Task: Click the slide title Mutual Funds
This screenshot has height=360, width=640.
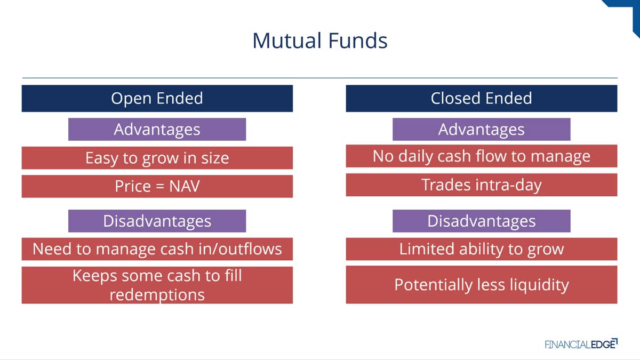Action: [x=319, y=41]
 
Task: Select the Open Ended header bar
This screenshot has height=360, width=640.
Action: [x=157, y=98]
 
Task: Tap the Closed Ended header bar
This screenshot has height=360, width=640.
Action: [x=482, y=98]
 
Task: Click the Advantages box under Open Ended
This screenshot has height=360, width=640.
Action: [x=157, y=129]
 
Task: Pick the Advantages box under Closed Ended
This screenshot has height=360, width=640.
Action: [x=482, y=129]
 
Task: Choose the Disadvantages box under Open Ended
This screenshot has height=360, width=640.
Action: [x=157, y=221]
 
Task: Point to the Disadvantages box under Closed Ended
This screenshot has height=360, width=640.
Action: [x=482, y=221]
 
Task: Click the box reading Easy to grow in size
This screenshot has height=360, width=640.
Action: [x=157, y=158]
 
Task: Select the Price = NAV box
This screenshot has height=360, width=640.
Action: [x=157, y=186]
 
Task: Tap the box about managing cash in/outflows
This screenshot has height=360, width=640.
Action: [x=157, y=249]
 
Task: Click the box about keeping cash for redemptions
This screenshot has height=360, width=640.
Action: [x=157, y=285]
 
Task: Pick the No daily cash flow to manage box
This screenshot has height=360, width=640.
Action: [x=482, y=156]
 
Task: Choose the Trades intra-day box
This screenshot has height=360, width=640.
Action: [x=482, y=185]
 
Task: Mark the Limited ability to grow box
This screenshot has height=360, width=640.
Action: [x=482, y=249]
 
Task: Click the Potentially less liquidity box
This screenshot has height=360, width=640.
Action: [x=482, y=285]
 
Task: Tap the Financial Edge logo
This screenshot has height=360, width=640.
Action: [x=581, y=344]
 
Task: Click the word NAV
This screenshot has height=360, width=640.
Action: [x=185, y=186]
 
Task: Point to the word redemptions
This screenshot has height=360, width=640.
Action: [x=157, y=295]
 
